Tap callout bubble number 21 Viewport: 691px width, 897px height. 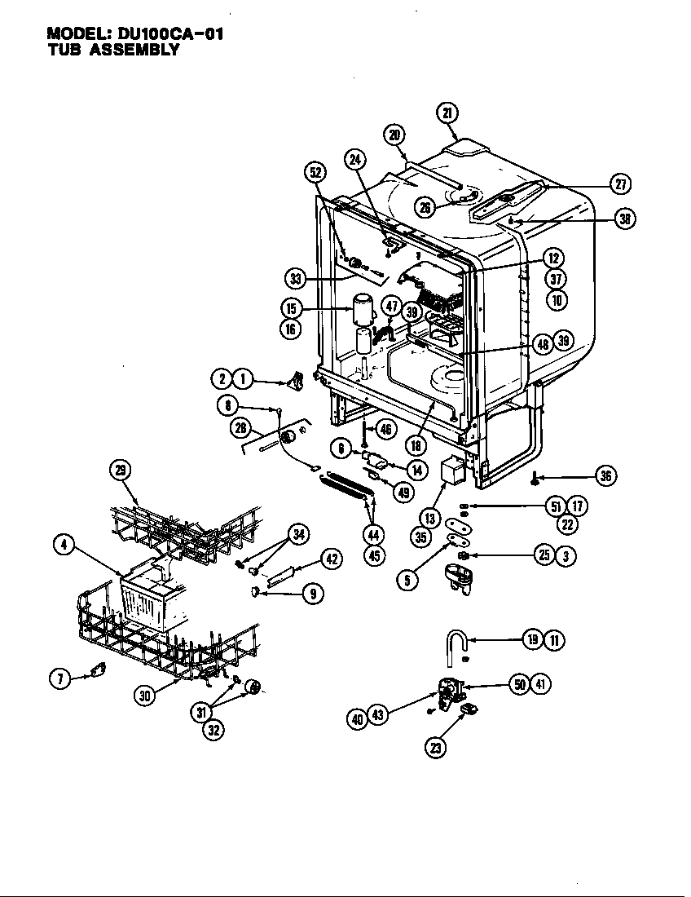447,113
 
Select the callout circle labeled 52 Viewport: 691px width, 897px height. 315,172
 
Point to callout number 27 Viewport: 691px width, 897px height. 620,183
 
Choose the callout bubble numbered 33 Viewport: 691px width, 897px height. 295,278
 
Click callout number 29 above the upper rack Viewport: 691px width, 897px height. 120,468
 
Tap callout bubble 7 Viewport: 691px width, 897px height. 60,678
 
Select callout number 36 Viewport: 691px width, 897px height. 605,476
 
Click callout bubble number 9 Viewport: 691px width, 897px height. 312,594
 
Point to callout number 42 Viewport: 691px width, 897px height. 330,559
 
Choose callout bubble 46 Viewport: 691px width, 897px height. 386,428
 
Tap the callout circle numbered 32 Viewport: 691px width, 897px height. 213,730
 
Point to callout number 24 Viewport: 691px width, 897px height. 354,160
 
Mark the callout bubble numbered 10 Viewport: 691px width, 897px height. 557,299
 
